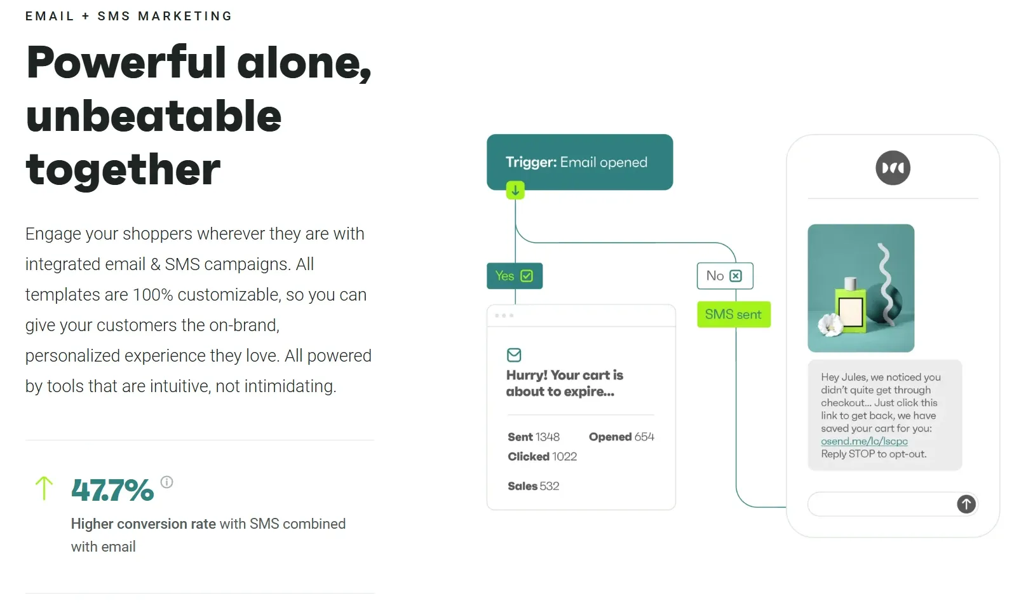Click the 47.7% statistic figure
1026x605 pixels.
point(112,490)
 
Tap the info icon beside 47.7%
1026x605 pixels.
point(166,482)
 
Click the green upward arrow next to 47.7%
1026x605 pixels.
point(44,488)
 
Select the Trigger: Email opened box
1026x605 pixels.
point(579,162)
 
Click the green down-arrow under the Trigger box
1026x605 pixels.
point(515,190)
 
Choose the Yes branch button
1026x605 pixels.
point(515,276)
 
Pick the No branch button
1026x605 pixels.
point(724,276)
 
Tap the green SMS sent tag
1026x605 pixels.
point(733,315)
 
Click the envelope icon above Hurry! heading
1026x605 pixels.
point(514,355)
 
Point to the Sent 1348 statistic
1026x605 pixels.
point(534,437)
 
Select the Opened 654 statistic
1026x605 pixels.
point(621,437)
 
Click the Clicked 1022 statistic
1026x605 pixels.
point(542,457)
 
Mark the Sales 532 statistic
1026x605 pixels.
point(533,486)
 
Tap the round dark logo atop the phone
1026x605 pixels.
point(893,168)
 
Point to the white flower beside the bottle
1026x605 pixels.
point(830,325)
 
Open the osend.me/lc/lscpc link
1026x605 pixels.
point(864,441)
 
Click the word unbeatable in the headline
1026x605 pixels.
point(154,116)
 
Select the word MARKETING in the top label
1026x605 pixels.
point(185,16)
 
